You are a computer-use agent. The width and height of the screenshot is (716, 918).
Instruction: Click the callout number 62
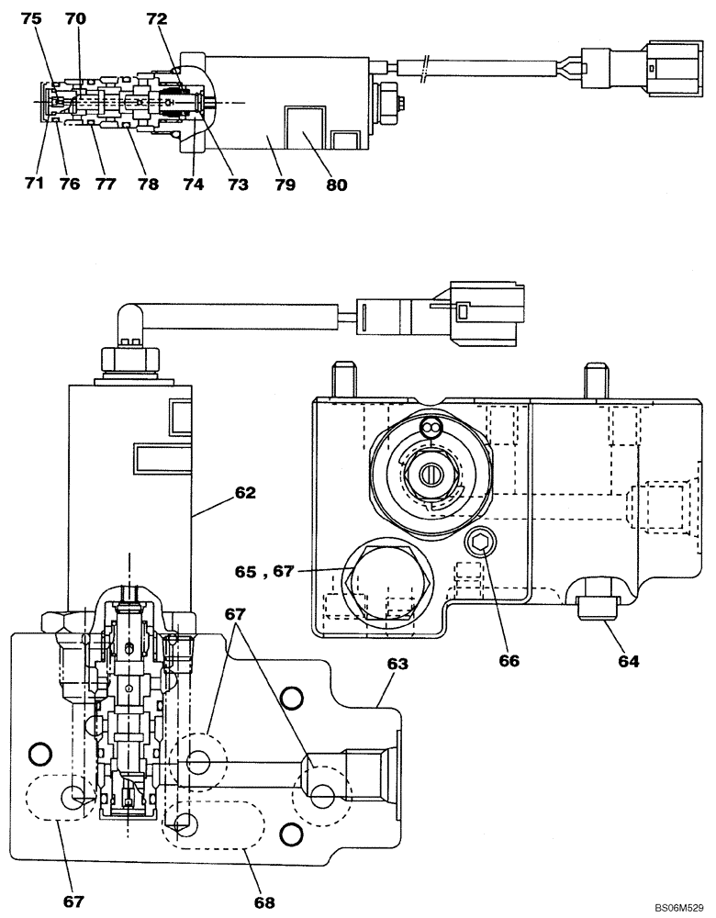244,492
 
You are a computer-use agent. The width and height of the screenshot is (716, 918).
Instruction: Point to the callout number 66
509,660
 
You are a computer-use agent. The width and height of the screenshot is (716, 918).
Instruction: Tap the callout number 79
285,184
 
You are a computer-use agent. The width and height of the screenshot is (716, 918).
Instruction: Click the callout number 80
336,184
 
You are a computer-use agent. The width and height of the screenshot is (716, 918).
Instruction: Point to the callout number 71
34,184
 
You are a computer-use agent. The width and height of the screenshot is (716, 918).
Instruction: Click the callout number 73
239,184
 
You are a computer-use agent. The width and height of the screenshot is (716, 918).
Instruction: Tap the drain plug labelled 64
599,606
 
